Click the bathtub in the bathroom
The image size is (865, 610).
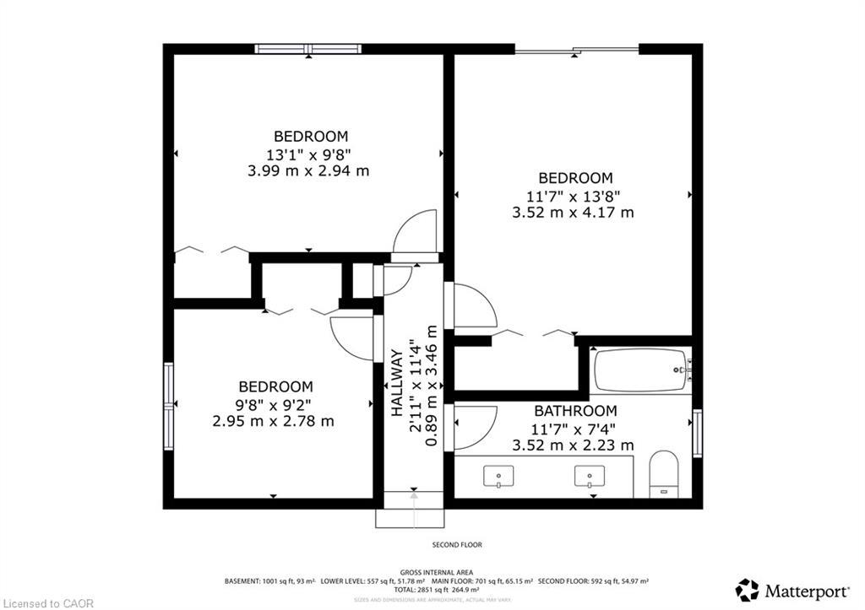640,370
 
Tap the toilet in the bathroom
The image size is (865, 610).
664,473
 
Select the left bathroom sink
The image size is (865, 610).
498,477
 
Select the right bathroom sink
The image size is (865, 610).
589,477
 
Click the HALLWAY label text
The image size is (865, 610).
396,384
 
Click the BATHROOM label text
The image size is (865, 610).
574,411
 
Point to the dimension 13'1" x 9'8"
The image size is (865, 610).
308,154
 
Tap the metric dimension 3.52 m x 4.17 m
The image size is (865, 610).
573,213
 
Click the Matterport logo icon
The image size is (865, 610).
747,590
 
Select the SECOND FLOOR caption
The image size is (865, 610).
457,545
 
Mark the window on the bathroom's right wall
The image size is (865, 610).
697,433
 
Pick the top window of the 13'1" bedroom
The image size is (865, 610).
308,49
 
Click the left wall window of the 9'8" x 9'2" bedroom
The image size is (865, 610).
169,395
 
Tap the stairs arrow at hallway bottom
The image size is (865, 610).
414,502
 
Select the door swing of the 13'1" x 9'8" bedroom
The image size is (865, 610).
415,232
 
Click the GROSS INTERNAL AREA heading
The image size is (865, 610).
436,572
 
